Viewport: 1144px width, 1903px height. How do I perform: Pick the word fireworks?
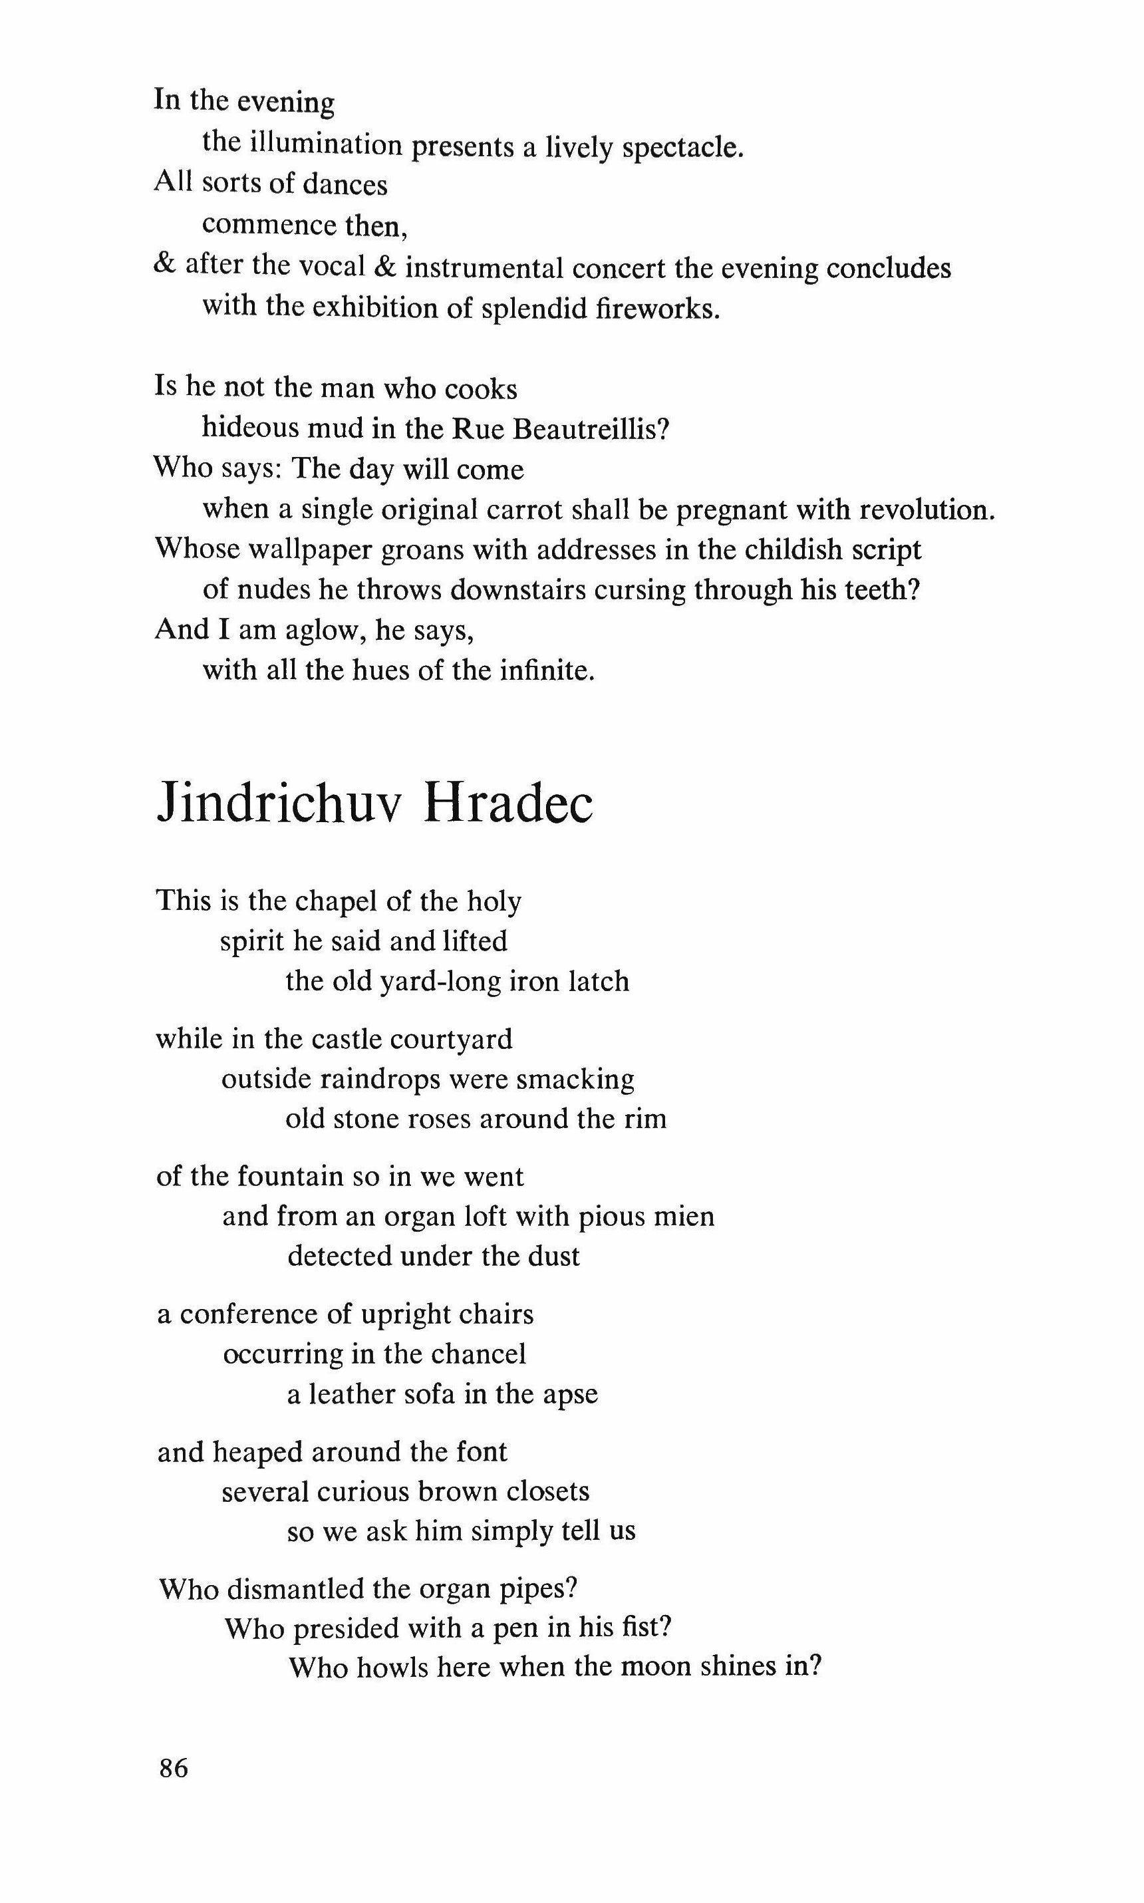(x=658, y=309)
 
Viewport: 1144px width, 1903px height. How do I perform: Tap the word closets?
(x=548, y=1491)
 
